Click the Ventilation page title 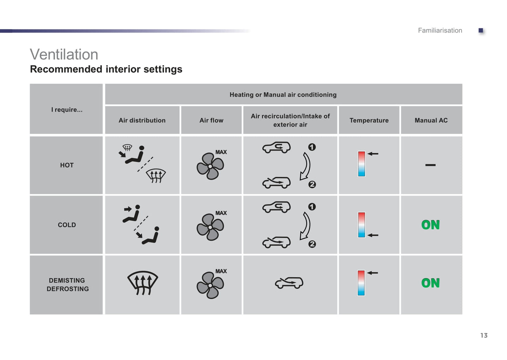click(64, 54)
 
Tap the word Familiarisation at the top click(440, 31)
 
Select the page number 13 click(484, 335)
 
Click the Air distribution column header click(142, 120)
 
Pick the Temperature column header click(369, 120)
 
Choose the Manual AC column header click(431, 120)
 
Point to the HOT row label click(67, 165)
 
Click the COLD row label click(67, 225)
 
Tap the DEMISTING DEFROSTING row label click(67, 285)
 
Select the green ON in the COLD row click(430, 225)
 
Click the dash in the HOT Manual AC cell click(430, 165)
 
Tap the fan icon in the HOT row click(210, 166)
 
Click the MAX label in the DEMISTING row click(221, 271)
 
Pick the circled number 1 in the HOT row click(312, 147)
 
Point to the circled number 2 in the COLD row click(312, 244)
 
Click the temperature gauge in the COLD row click(361, 225)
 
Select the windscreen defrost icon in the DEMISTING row click(142, 283)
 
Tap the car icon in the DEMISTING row click(289, 283)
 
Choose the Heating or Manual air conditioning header click(283, 95)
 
